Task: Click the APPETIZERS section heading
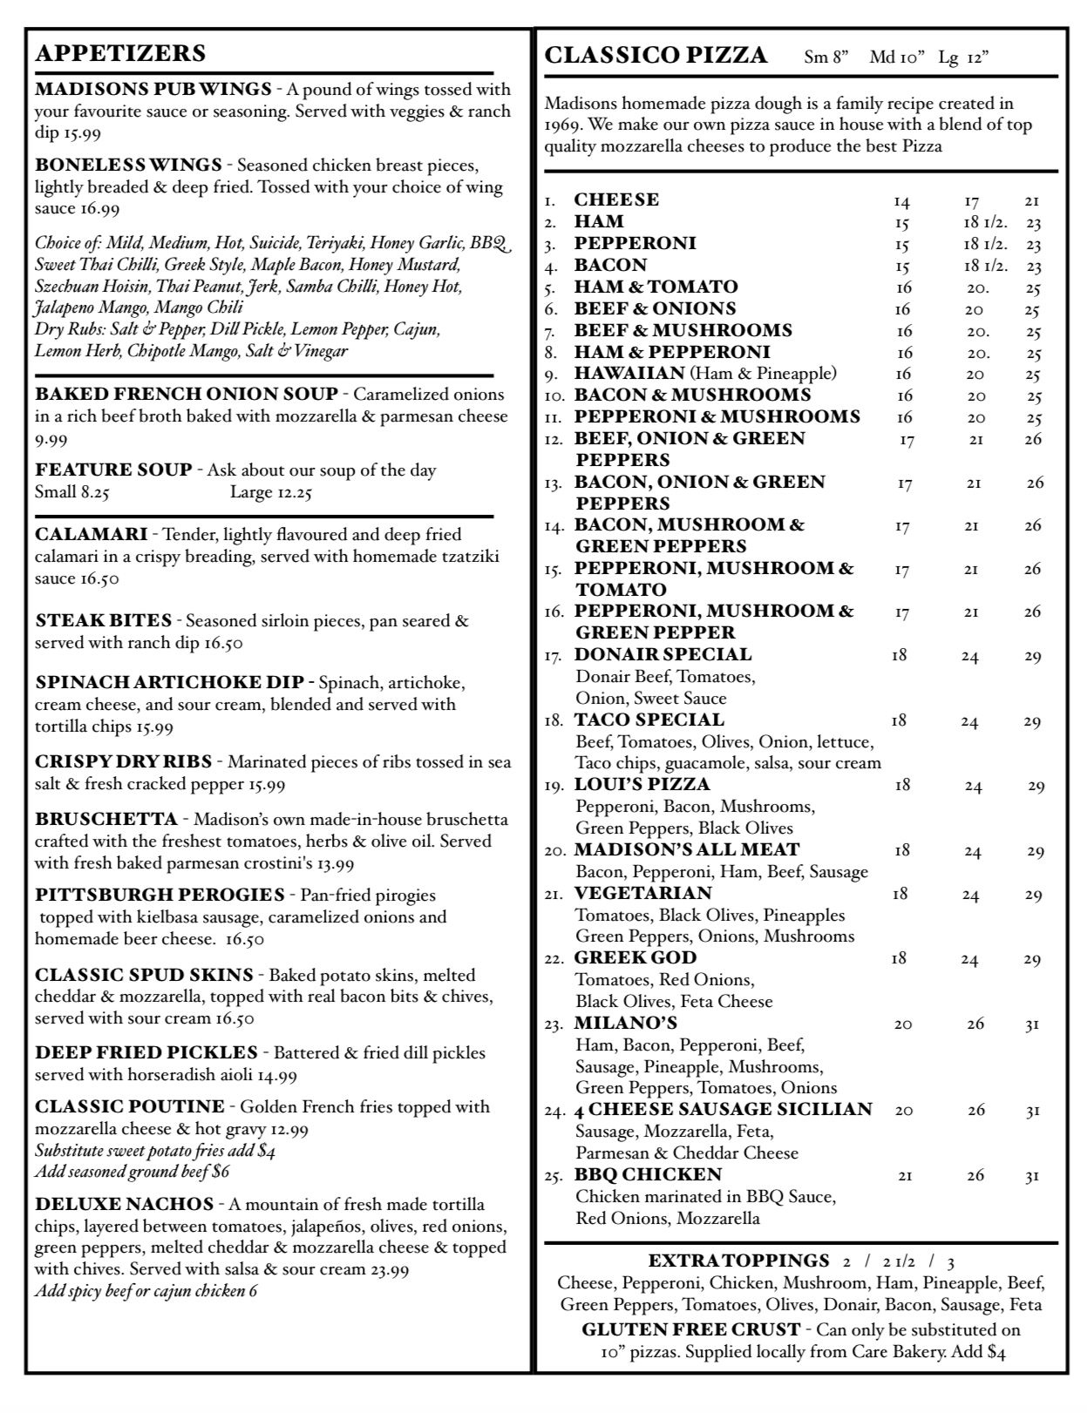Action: click(120, 53)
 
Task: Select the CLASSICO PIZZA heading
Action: click(656, 56)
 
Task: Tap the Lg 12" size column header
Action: click(963, 58)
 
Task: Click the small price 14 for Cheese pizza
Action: click(901, 202)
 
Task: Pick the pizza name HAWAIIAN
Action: click(629, 374)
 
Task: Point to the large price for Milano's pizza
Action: click(1032, 1025)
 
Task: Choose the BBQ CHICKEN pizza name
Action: click(648, 1174)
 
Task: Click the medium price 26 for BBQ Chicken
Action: click(975, 1176)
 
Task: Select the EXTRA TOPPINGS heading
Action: click(739, 1261)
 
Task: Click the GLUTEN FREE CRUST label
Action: click(690, 1329)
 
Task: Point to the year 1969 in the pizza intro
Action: click(563, 125)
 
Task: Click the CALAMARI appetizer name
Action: click(90, 534)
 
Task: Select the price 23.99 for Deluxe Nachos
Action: click(389, 1269)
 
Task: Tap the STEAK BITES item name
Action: click(104, 621)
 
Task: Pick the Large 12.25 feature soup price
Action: click(270, 492)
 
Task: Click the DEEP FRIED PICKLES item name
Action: click(146, 1052)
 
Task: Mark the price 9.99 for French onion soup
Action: click(51, 440)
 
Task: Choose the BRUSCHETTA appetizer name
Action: click(106, 819)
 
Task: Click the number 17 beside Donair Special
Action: click(554, 656)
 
